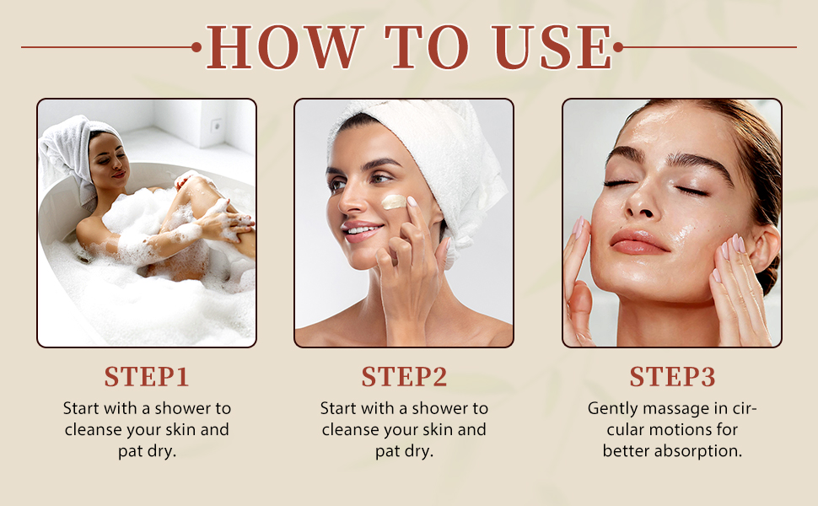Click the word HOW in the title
click(285, 47)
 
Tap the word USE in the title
click(552, 47)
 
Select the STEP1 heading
click(147, 377)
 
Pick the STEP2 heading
click(404, 377)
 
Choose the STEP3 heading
click(672, 377)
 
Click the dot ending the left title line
click(196, 47)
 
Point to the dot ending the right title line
click(618, 47)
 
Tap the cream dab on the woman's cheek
click(393, 202)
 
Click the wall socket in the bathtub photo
click(216, 125)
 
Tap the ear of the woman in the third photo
click(762, 250)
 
